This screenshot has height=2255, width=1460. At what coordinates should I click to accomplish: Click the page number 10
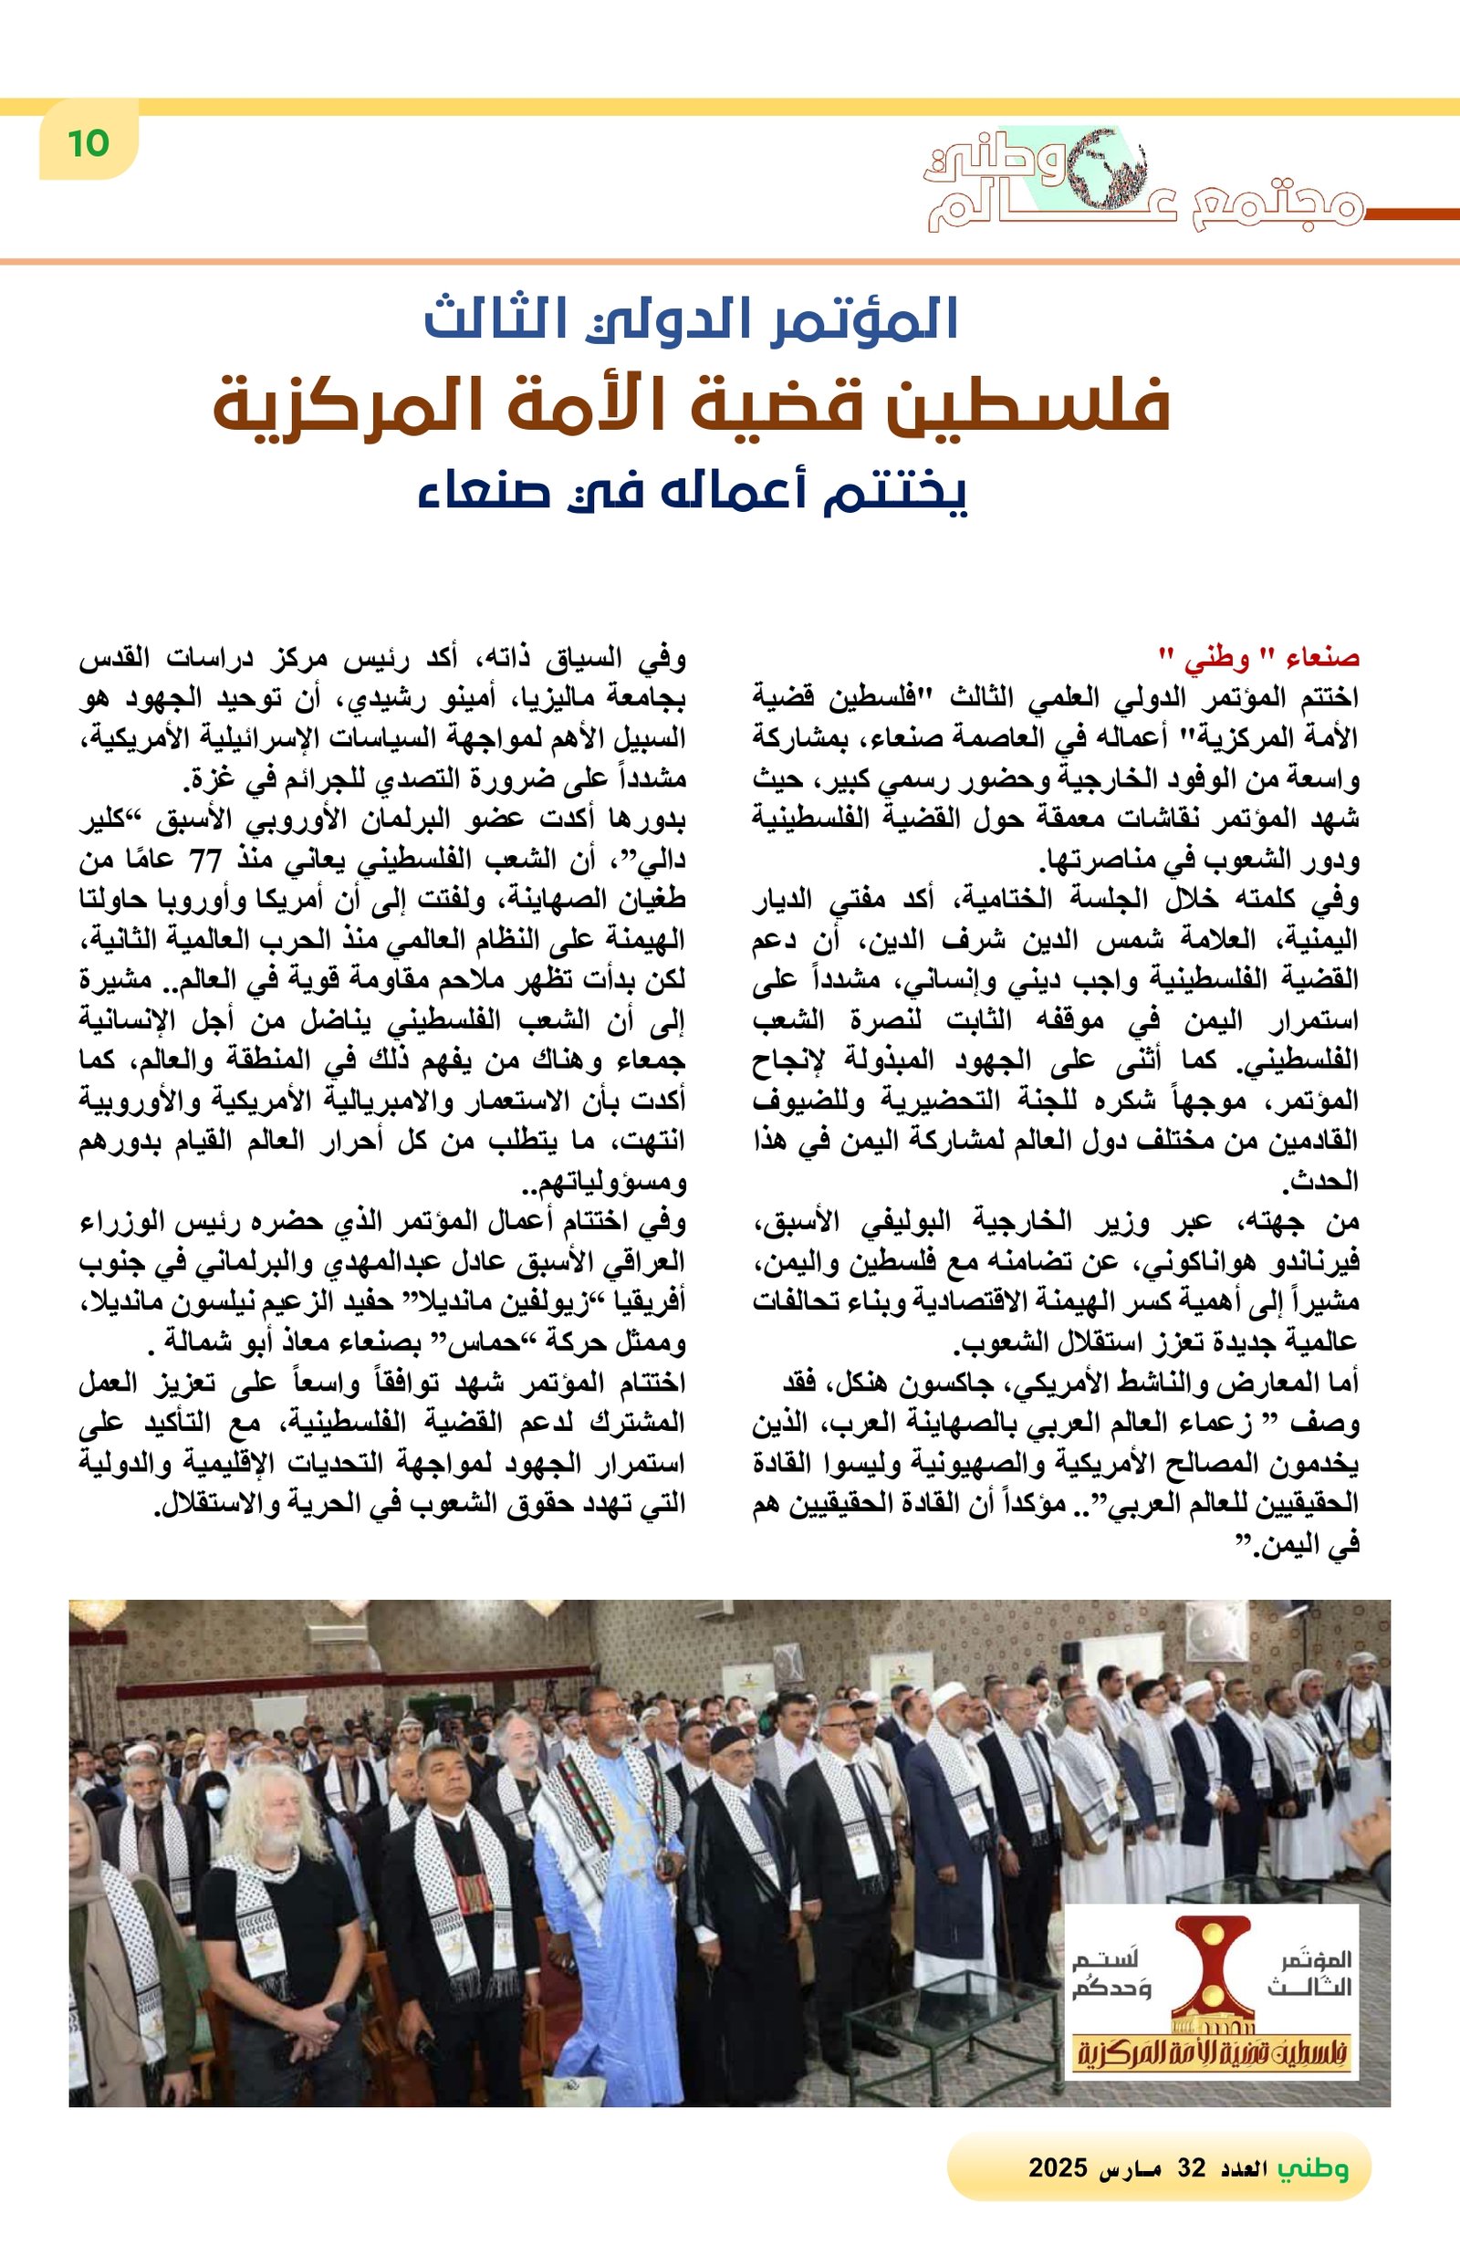(x=89, y=144)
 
